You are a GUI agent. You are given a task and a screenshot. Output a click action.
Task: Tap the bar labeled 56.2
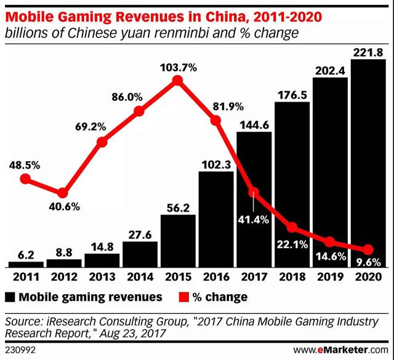pyautogui.click(x=178, y=240)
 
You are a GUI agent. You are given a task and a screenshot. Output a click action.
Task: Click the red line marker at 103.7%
pyautogui.click(x=178, y=81)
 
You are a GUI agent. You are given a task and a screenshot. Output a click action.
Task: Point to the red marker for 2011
pyautogui.click(x=25, y=179)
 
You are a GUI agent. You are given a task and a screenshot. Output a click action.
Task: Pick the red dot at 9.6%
pyautogui.click(x=368, y=250)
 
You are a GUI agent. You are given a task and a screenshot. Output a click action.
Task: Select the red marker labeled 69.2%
pyautogui.click(x=102, y=142)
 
